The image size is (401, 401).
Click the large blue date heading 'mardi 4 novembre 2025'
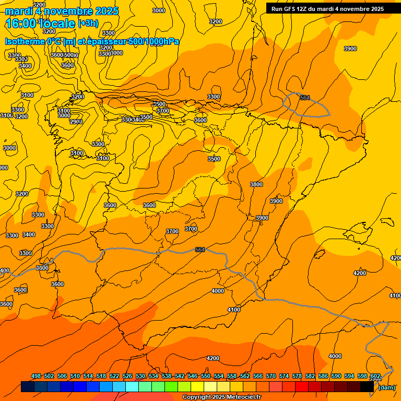[62, 11]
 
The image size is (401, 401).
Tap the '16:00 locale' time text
[40, 23]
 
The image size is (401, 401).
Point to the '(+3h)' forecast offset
[88, 23]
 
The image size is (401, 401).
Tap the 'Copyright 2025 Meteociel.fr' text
[222, 397]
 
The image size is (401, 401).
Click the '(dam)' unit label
[387, 387]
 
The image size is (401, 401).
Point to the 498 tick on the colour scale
[36, 376]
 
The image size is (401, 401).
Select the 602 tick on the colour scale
[375, 376]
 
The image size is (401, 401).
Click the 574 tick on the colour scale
[284, 376]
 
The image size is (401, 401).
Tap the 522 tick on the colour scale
[114, 376]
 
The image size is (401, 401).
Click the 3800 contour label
[256, 184]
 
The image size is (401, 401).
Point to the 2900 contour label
[76, 122]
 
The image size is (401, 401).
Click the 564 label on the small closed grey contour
[305, 98]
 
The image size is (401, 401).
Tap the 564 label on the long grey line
[200, 250]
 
